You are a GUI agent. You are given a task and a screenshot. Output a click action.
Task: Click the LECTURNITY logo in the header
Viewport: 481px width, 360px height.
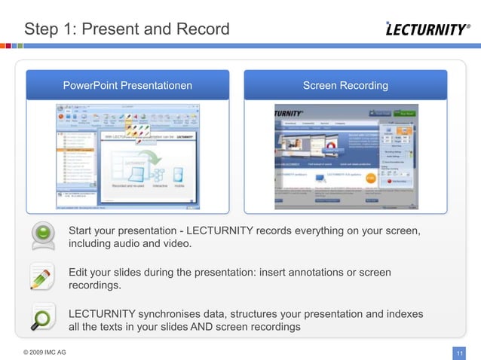(427, 29)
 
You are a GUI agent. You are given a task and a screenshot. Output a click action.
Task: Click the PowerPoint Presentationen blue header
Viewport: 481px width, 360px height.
(127, 85)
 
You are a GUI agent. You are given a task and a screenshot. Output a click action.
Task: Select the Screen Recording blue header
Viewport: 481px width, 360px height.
(345, 85)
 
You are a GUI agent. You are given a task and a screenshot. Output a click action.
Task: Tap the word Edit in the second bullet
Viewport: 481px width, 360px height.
(79, 272)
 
